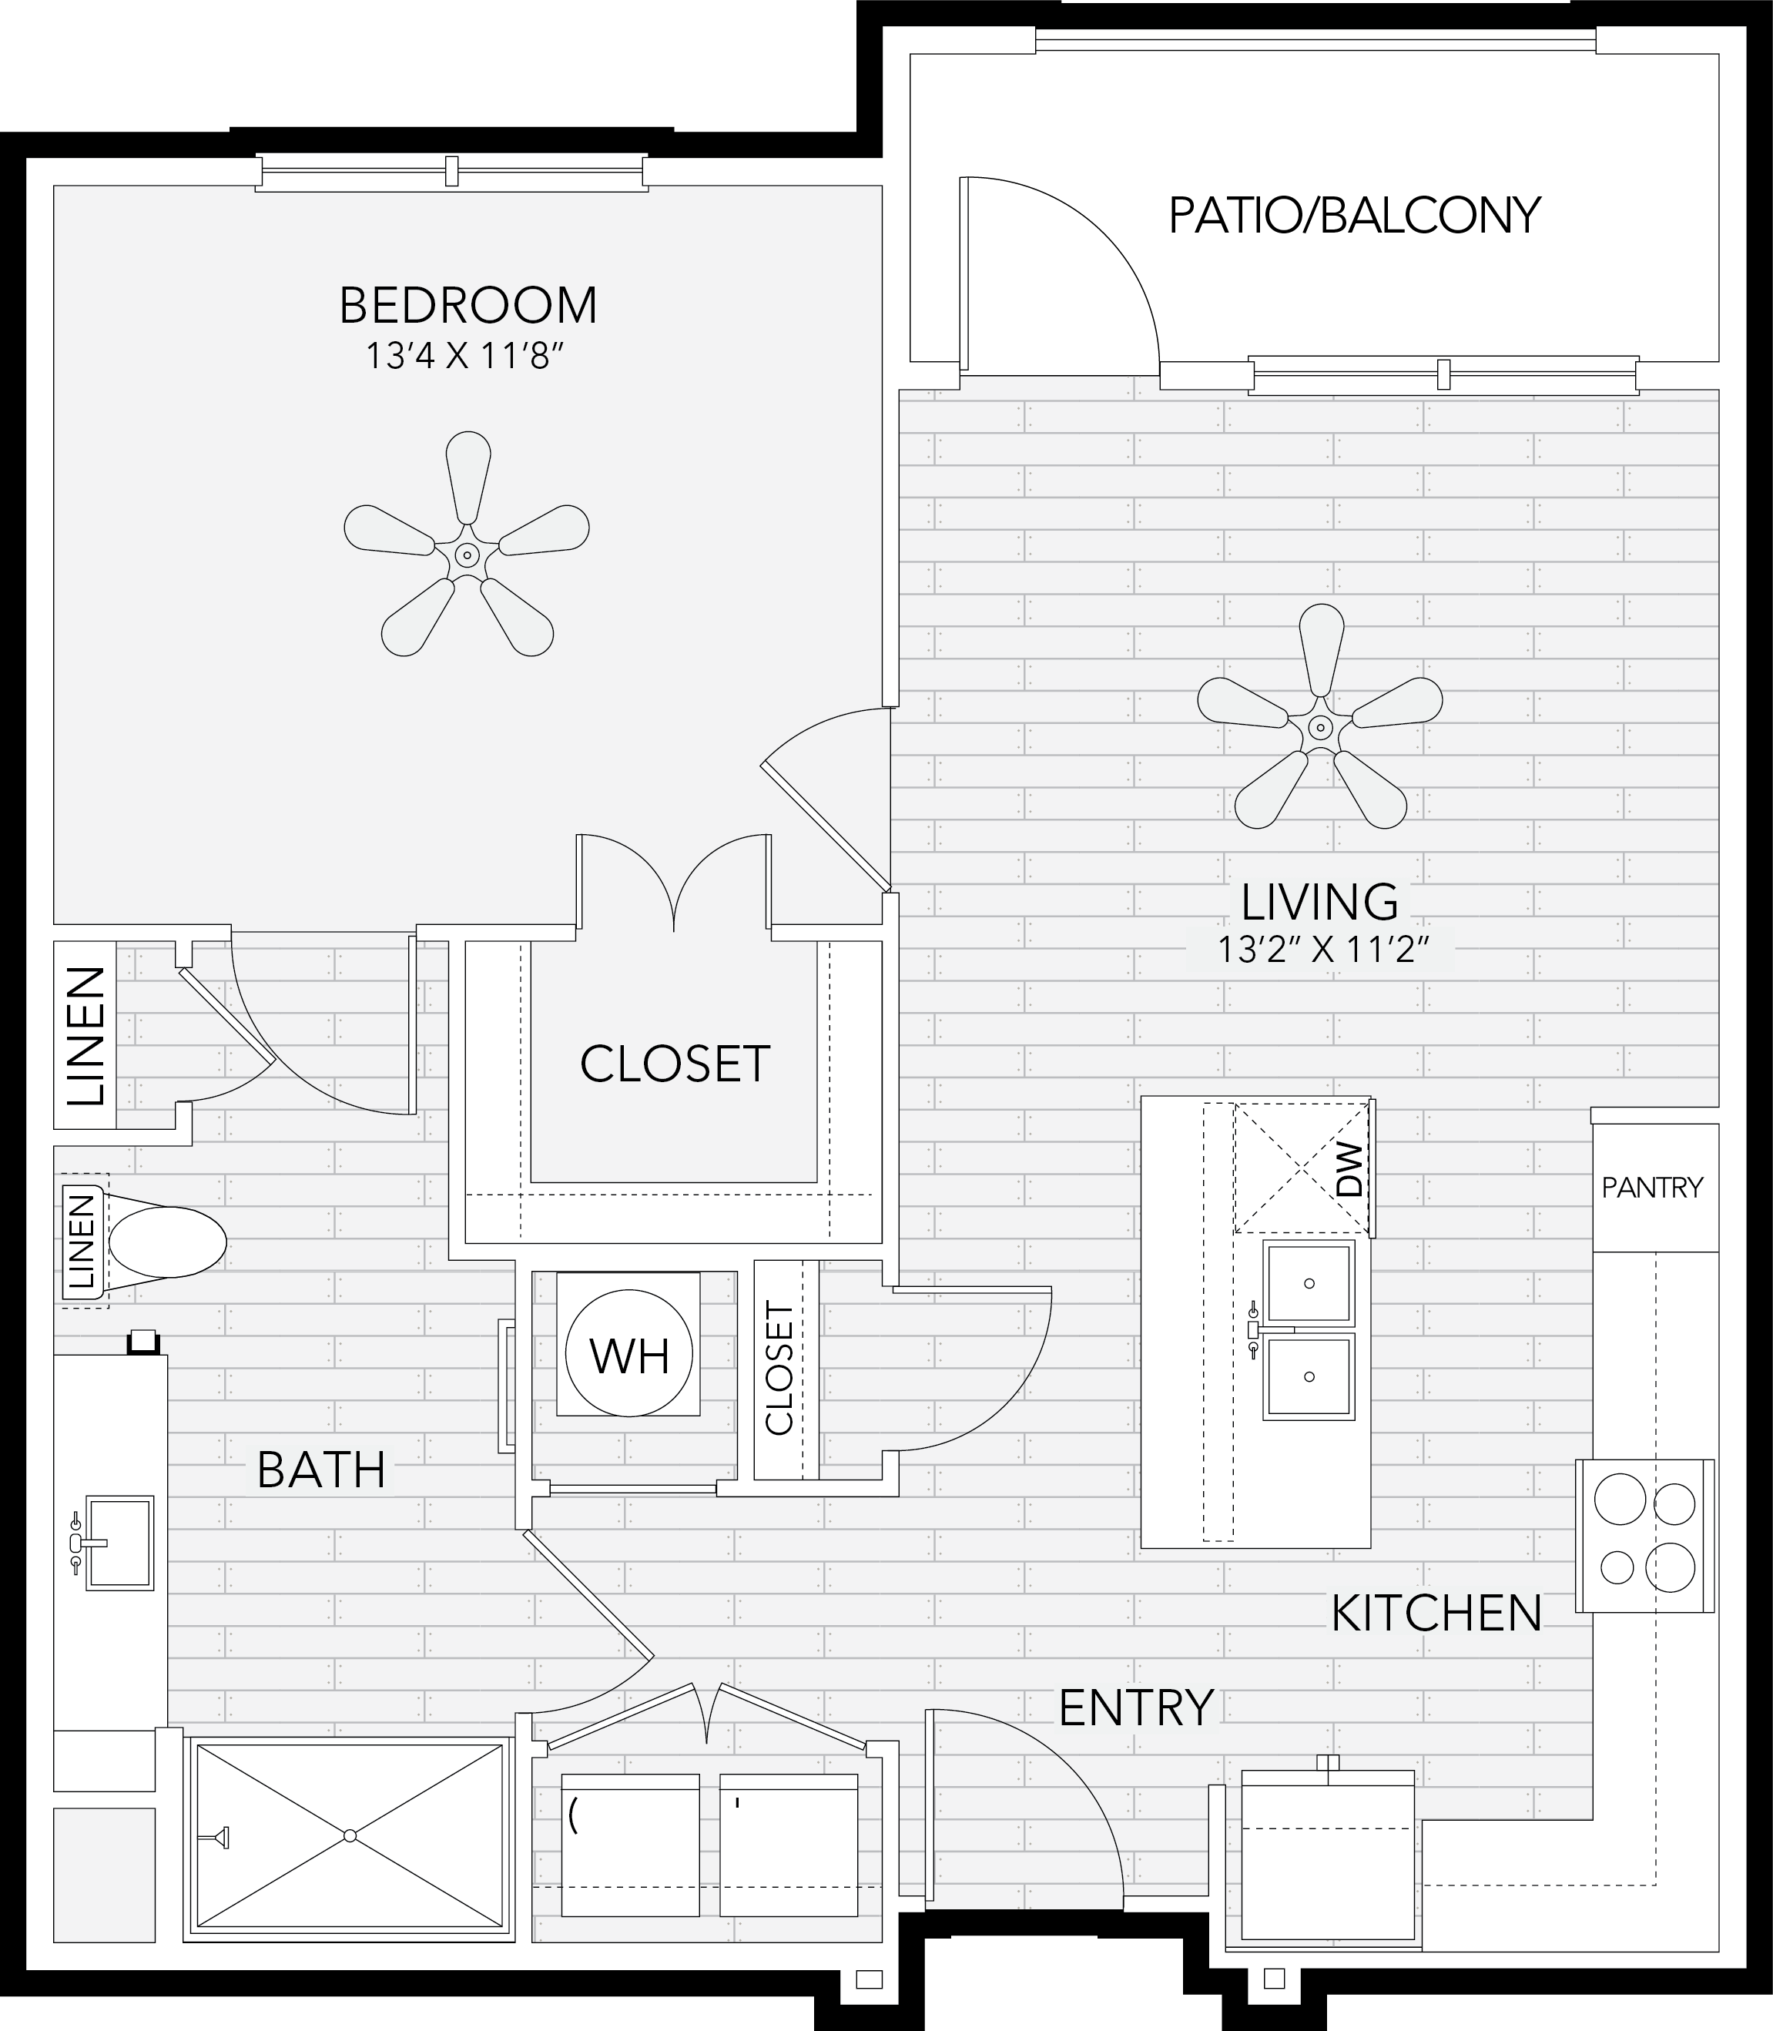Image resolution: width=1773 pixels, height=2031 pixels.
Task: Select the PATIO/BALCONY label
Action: pyautogui.click(x=1355, y=215)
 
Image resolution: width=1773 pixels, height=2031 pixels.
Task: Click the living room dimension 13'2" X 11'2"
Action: pyautogui.click(x=1324, y=950)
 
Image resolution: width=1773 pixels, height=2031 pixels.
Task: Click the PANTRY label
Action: pyautogui.click(x=1652, y=1187)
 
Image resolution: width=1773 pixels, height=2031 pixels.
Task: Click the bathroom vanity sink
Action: pyautogui.click(x=119, y=1542)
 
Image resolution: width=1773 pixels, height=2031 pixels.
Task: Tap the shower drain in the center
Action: pyautogui.click(x=349, y=1835)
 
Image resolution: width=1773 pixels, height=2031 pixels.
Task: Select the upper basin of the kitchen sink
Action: pyautogui.click(x=1308, y=1283)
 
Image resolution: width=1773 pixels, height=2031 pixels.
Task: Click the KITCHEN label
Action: pyautogui.click(x=1436, y=1614)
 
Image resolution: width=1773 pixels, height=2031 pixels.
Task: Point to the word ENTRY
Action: pyautogui.click(x=1136, y=1708)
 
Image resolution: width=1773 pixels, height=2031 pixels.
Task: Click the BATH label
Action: pyautogui.click(x=320, y=1470)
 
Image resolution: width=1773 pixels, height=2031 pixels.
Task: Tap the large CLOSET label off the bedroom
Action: pyautogui.click(x=675, y=1064)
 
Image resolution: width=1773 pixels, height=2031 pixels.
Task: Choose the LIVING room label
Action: pyautogui.click(x=1320, y=902)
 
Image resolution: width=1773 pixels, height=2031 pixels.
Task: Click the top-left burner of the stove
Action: pyautogui.click(x=1620, y=1499)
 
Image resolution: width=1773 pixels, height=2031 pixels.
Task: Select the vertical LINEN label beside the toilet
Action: pyautogui.click(x=83, y=1242)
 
